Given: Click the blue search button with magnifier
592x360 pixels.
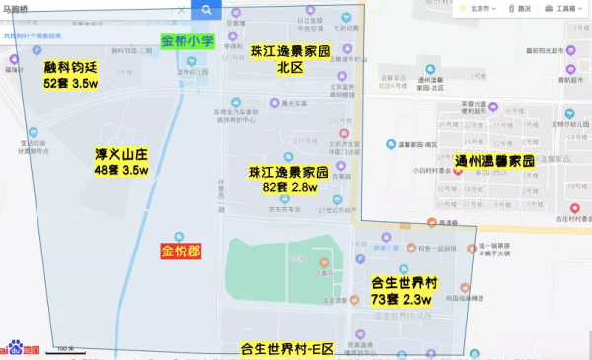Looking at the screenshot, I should point(206,10).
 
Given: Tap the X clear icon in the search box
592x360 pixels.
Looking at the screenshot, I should point(182,10).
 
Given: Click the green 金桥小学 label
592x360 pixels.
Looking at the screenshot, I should point(187,43).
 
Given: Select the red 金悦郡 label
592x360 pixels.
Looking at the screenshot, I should point(181,252).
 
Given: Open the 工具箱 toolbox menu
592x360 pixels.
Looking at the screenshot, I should point(563,8).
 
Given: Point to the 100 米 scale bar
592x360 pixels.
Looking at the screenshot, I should point(65,349).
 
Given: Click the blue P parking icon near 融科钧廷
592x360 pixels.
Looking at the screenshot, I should point(37,49).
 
